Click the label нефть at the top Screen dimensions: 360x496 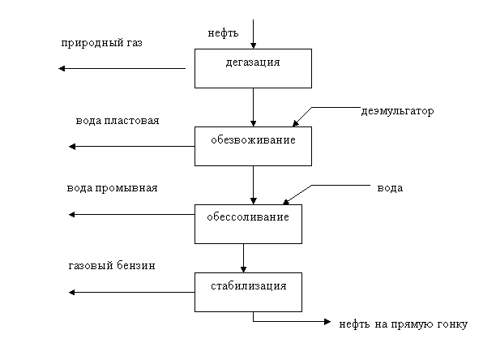click(x=222, y=33)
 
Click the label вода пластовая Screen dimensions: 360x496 click(x=118, y=121)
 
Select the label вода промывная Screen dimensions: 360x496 click(x=112, y=187)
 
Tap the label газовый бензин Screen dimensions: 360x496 click(x=110, y=265)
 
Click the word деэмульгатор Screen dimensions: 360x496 click(x=399, y=111)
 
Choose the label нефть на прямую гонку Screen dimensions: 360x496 click(x=403, y=324)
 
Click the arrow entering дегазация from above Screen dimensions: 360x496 click(x=253, y=32)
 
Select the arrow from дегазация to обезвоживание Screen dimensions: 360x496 click(x=253, y=106)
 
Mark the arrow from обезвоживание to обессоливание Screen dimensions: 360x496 click(x=253, y=184)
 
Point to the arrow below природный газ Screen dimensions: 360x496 click(x=122, y=69)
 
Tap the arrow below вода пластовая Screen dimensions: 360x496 click(x=134, y=146)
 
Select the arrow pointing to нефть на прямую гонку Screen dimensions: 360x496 click(x=292, y=322)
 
